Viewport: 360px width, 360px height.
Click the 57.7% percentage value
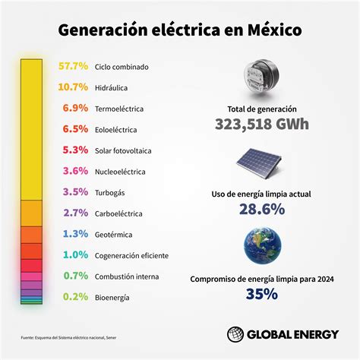tap(74, 66)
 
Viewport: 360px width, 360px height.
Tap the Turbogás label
tap(112, 193)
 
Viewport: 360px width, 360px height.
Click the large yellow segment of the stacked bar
tap(30, 129)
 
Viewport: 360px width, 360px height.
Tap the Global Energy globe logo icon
tap(238, 334)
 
